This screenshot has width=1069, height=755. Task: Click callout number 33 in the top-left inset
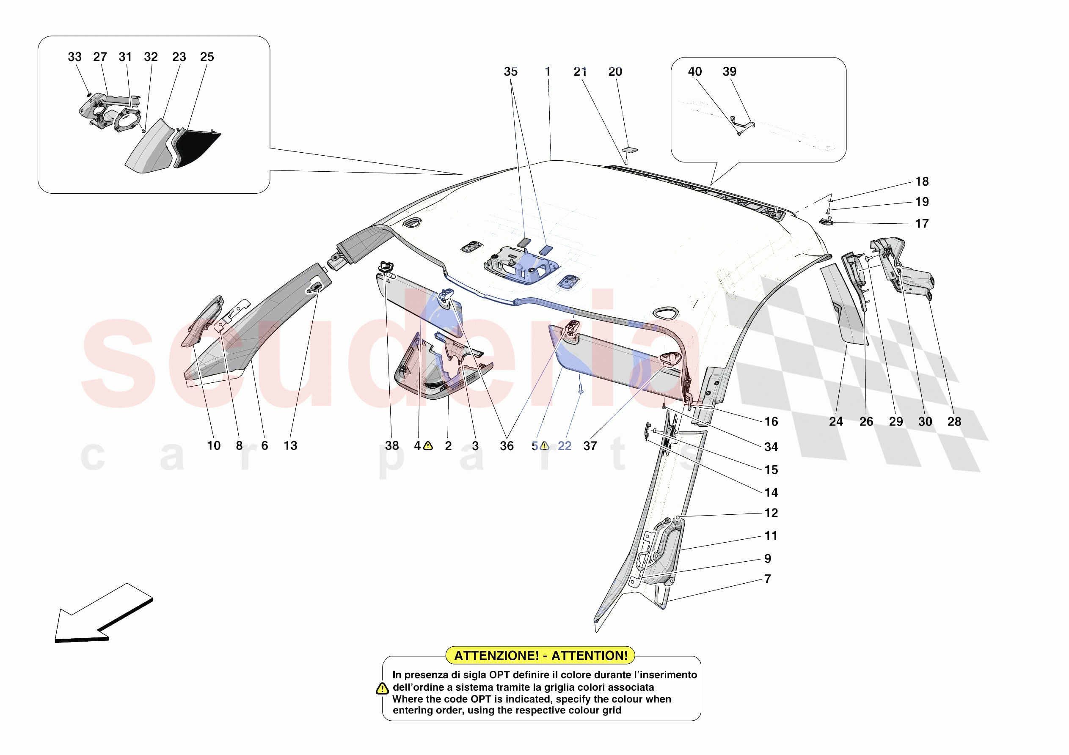(x=74, y=57)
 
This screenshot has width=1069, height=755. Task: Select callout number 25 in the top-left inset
(x=207, y=57)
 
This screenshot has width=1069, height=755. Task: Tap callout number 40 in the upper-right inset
(x=694, y=71)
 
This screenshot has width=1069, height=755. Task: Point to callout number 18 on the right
(x=921, y=181)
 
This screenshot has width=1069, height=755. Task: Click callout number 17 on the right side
(x=921, y=224)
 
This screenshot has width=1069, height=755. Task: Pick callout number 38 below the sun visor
(x=391, y=446)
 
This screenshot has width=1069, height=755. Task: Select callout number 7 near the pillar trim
(x=767, y=579)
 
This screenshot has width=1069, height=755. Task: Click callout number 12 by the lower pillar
(x=771, y=513)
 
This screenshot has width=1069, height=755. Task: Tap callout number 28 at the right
(x=954, y=422)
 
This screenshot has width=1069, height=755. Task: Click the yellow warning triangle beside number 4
(x=428, y=446)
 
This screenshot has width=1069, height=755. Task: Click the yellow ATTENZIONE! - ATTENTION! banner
(x=540, y=655)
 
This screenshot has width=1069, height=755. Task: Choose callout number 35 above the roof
(x=510, y=71)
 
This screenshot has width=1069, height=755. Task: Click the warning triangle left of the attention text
(x=382, y=689)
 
